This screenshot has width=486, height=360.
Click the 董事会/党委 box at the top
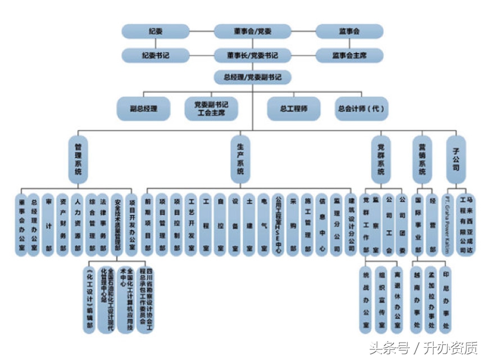coord(252,31)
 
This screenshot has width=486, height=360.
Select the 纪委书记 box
coord(155,56)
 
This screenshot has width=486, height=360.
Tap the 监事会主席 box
coord(349,56)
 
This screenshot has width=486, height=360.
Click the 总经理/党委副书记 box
coord(252,76)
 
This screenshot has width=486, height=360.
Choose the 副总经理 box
coord(143,108)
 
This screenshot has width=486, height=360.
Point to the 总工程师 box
coord(285,108)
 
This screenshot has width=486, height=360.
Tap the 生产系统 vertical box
coord(240,159)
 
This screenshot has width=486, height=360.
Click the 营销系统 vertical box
coord(423,159)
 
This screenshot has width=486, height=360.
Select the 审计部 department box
coord(48,225)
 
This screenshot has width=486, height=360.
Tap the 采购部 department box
coord(293,225)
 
